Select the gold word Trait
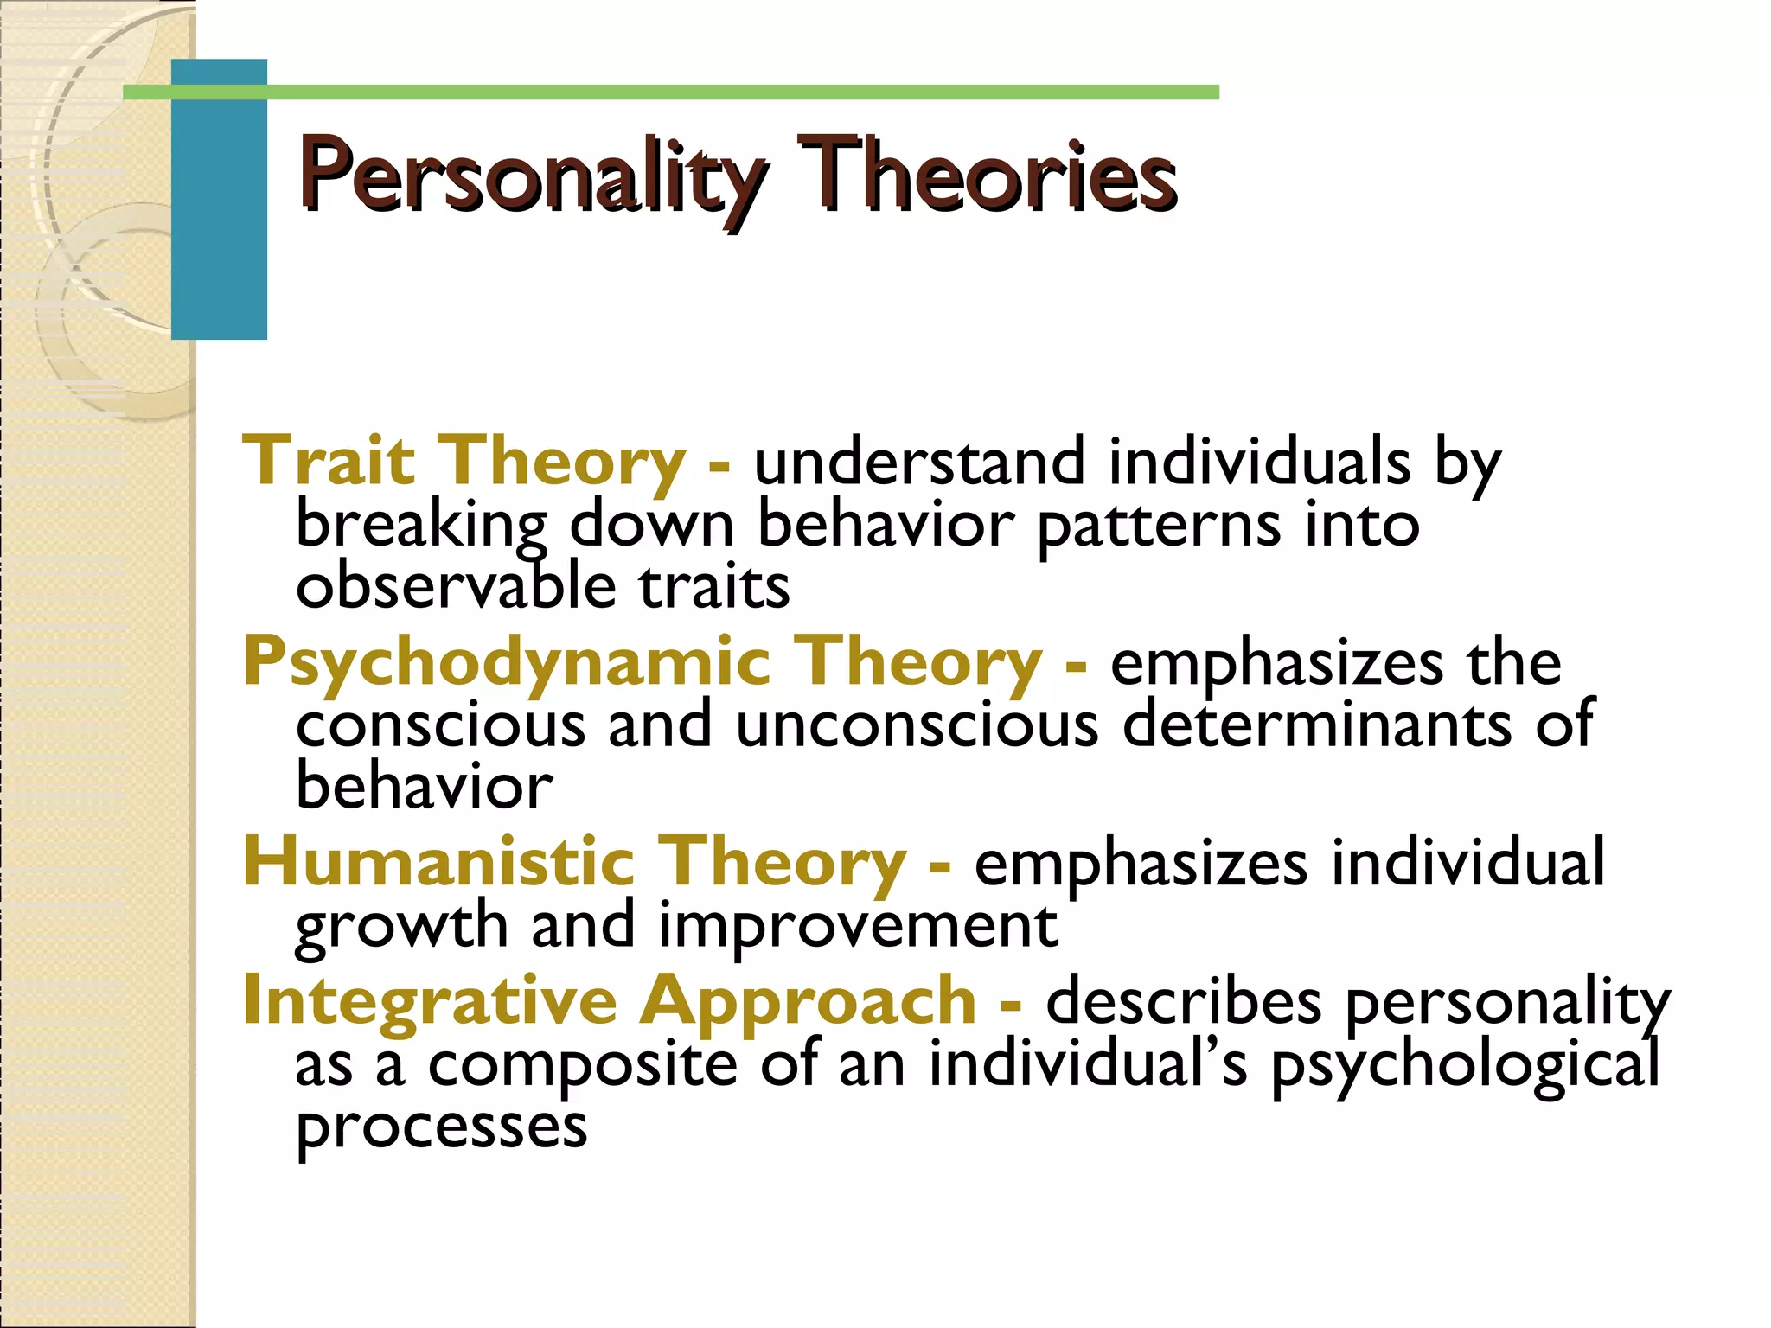(x=329, y=462)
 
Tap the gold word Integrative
(x=430, y=1001)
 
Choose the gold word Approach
(x=808, y=1003)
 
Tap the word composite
(x=582, y=1065)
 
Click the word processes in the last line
(x=441, y=1129)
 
